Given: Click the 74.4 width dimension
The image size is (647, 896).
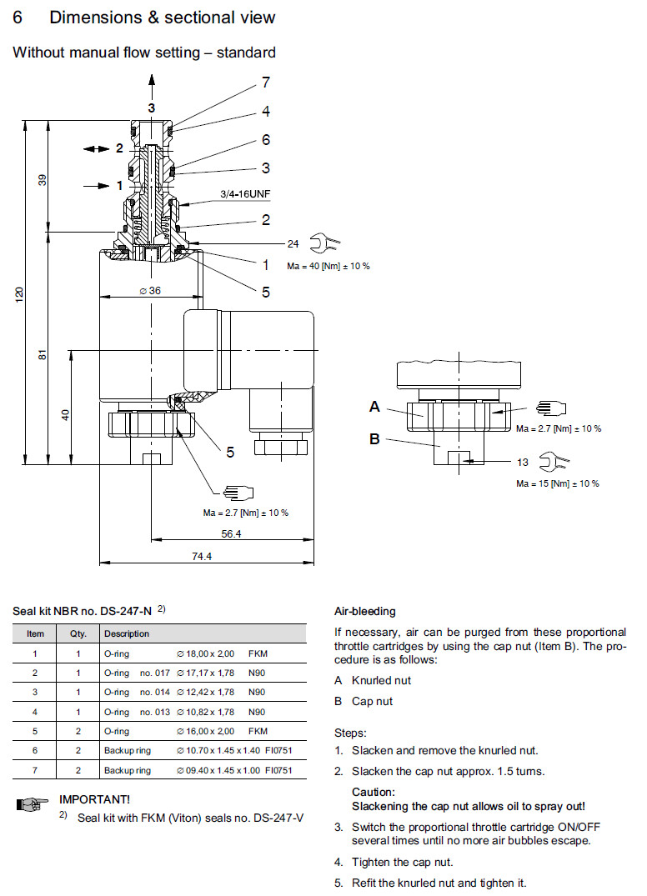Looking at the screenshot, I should point(202,557).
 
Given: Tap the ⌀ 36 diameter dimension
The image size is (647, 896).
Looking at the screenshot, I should point(150,291).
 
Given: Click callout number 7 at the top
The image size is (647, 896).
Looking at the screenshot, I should point(266,83).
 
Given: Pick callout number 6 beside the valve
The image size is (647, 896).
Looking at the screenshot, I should point(266,140).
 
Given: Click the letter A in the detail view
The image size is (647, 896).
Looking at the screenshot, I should point(374,407).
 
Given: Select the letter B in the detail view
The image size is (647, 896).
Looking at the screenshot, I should point(374,439).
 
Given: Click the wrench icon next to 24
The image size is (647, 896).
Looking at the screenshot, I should point(323,244).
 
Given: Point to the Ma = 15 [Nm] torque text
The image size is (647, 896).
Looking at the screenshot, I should point(557,483).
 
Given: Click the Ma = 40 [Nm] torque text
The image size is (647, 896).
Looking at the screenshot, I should point(328,266).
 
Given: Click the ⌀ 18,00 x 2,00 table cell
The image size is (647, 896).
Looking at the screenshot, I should point(208,654).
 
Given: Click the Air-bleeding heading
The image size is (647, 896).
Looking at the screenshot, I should point(364,611).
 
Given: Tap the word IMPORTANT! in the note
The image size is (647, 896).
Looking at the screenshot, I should point(94,799).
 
